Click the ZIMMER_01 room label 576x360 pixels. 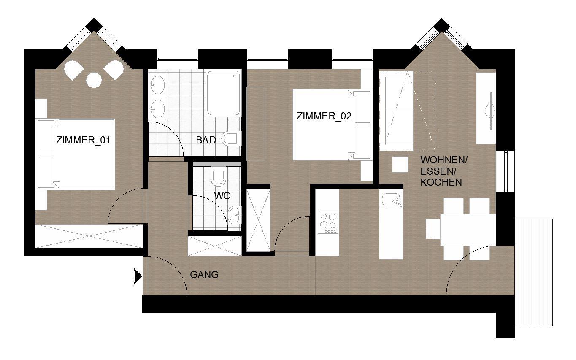point(83,141)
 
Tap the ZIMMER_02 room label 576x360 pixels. point(324,116)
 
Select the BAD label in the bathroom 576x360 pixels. point(206,140)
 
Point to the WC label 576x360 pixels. point(222,196)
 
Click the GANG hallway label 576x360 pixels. point(204,275)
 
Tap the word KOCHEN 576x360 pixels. point(441,182)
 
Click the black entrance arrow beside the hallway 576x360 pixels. point(138,276)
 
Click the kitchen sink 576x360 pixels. point(391,200)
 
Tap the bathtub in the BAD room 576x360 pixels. point(223,93)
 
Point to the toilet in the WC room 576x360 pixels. point(218,176)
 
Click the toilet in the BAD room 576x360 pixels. point(232,139)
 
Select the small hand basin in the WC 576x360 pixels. point(235,215)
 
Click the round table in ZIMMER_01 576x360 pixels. point(94,80)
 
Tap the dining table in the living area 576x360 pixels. point(468,230)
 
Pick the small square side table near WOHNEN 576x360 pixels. point(400,164)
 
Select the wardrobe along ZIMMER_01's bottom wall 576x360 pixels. point(89,236)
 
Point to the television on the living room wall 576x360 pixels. point(490,111)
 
